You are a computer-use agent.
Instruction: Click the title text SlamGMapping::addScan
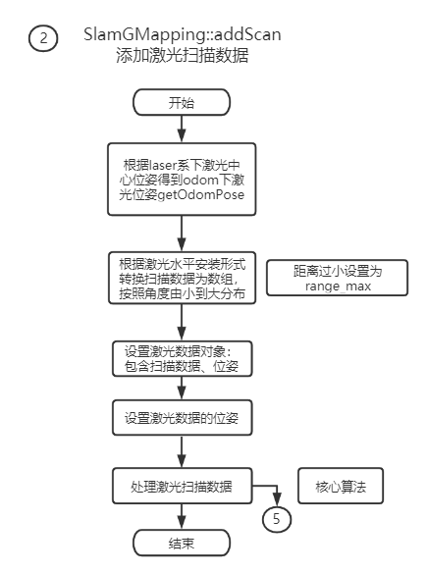(183, 34)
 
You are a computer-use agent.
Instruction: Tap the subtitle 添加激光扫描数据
(182, 56)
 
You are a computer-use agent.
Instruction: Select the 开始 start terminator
(182, 102)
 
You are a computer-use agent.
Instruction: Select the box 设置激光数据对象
(182, 357)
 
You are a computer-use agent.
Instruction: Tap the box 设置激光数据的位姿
(182, 416)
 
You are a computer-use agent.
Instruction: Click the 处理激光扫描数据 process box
(182, 486)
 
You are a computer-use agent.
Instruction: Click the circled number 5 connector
(277, 519)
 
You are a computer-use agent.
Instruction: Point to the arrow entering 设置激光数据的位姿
(182, 388)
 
